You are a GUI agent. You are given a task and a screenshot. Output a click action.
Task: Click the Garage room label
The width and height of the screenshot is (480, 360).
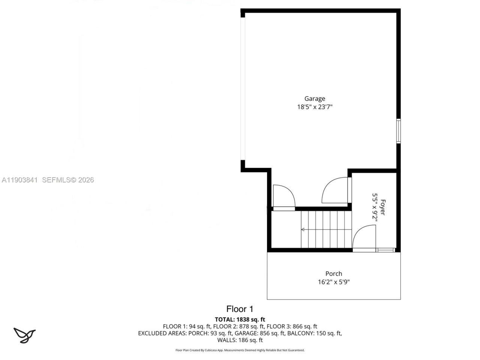pyautogui.click(x=315, y=99)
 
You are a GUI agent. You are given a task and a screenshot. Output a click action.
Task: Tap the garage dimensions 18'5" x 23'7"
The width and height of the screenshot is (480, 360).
pyautogui.click(x=315, y=107)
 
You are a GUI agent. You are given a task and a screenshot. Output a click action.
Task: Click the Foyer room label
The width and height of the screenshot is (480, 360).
pyautogui.click(x=382, y=207)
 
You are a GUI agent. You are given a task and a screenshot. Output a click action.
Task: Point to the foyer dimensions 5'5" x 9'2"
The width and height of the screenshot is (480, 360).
pyautogui.click(x=375, y=207)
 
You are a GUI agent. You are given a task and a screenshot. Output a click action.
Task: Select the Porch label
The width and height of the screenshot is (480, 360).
pyautogui.click(x=333, y=274)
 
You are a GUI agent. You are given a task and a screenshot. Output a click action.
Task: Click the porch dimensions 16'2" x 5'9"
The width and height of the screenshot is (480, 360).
pyautogui.click(x=333, y=282)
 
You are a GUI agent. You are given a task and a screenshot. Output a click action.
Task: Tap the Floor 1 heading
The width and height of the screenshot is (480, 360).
pyautogui.click(x=240, y=309)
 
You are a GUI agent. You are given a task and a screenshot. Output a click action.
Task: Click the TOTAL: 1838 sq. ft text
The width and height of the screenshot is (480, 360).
pyautogui.click(x=240, y=319)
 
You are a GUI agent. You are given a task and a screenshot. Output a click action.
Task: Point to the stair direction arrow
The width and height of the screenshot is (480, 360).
pyautogui.click(x=303, y=229)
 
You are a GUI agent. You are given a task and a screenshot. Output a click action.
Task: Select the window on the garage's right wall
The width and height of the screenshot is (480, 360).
pyautogui.click(x=399, y=131)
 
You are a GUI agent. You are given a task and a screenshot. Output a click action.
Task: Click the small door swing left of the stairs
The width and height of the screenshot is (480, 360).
pyautogui.click(x=283, y=196)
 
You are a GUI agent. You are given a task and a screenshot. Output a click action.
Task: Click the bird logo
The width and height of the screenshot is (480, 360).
pyautogui.click(x=24, y=335)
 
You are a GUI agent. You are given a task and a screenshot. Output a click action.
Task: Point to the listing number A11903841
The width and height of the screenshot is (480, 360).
pyautogui.click(x=19, y=180)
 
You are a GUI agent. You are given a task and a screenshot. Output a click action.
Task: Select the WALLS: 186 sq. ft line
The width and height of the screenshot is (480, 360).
pyautogui.click(x=240, y=340)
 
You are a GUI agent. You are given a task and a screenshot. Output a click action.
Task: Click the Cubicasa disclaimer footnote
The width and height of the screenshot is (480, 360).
pyautogui.click(x=240, y=350)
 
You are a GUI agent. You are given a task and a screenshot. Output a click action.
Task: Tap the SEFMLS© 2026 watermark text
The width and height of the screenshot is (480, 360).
pyautogui.click(x=68, y=180)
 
